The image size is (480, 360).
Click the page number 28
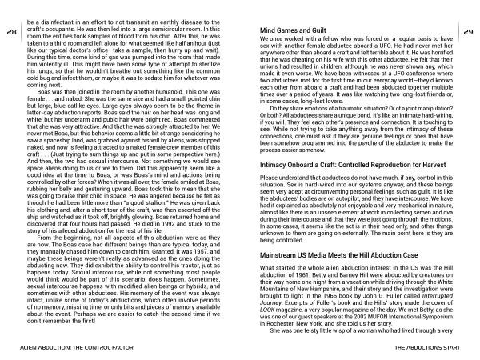point(11,32)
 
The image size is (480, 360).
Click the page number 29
point(469,32)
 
